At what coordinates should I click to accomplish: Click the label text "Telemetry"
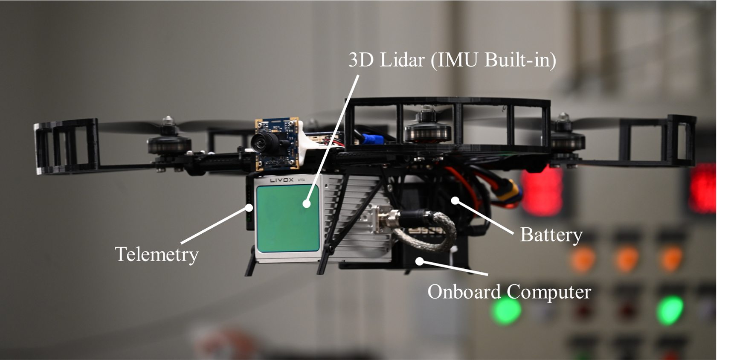[157, 254]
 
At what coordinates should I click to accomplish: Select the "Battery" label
[551, 235]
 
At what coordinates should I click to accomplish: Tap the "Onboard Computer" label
[509, 292]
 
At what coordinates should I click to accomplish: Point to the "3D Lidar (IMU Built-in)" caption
[452, 60]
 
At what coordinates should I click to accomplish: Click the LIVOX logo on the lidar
[281, 180]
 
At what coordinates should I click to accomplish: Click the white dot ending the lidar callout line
[306, 204]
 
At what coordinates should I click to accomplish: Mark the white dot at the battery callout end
[455, 200]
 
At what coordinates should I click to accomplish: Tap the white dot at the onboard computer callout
[420, 261]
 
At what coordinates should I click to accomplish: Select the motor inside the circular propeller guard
[424, 128]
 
